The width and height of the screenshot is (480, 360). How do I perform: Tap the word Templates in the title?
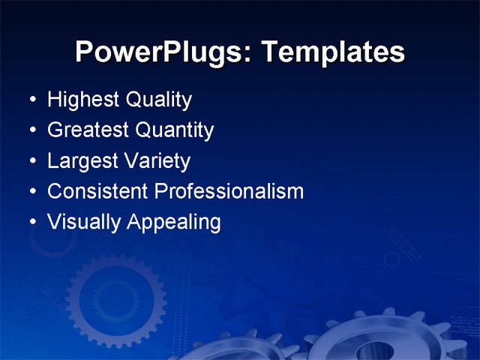(334, 52)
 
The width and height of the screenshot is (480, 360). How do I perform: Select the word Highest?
(79, 100)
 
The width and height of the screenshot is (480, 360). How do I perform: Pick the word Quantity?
(175, 130)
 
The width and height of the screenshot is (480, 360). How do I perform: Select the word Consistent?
(97, 191)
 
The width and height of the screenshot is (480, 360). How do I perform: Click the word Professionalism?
(229, 191)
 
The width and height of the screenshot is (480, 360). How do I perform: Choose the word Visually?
(83, 222)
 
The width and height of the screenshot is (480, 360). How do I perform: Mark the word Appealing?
(174, 222)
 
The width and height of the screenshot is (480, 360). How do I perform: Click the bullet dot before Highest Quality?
(30, 100)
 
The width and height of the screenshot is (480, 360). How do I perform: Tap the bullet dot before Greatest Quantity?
(30, 131)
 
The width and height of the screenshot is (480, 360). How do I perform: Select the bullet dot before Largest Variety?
(30, 162)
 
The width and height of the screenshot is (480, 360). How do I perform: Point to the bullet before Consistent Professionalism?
(30, 192)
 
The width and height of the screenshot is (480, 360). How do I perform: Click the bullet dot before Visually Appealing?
(30, 223)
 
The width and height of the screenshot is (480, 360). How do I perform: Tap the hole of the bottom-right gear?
(375, 350)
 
